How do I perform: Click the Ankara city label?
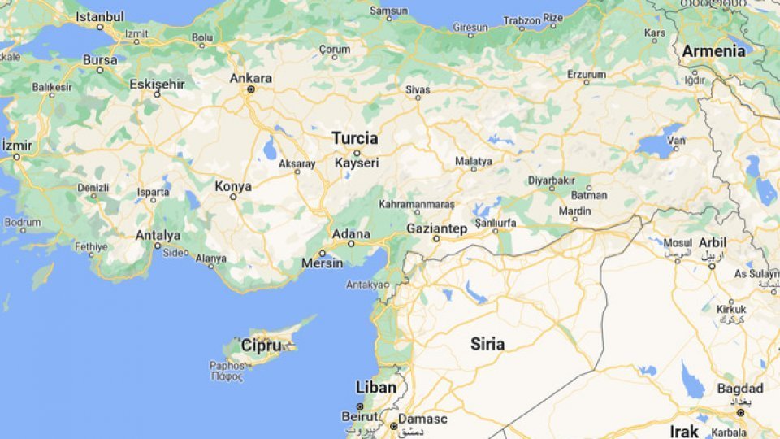point(251,79)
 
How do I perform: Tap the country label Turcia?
point(355,138)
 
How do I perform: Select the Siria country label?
point(487,344)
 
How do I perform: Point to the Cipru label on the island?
point(262,346)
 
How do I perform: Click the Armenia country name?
point(713,51)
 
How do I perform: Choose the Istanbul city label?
point(99,16)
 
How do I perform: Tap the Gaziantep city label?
point(436,228)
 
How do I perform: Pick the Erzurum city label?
point(587,74)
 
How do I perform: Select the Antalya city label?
point(158,235)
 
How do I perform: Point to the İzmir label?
point(17,146)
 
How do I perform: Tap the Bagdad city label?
point(740,389)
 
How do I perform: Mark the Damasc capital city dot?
point(393,425)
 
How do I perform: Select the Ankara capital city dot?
point(251,89)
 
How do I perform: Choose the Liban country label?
point(376,388)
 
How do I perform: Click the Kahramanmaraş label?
point(417,204)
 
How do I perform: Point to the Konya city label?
point(233,186)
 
